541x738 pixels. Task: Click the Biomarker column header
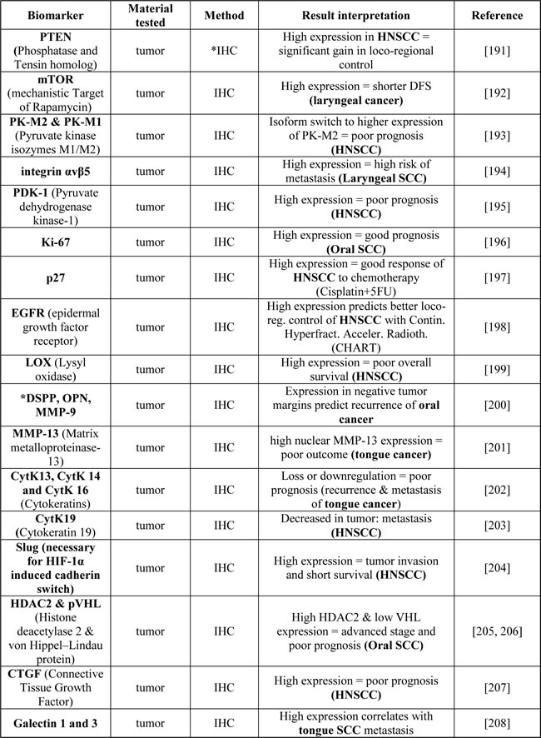[x=57, y=15]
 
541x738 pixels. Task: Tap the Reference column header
[x=497, y=15]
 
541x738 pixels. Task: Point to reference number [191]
[x=497, y=49]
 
